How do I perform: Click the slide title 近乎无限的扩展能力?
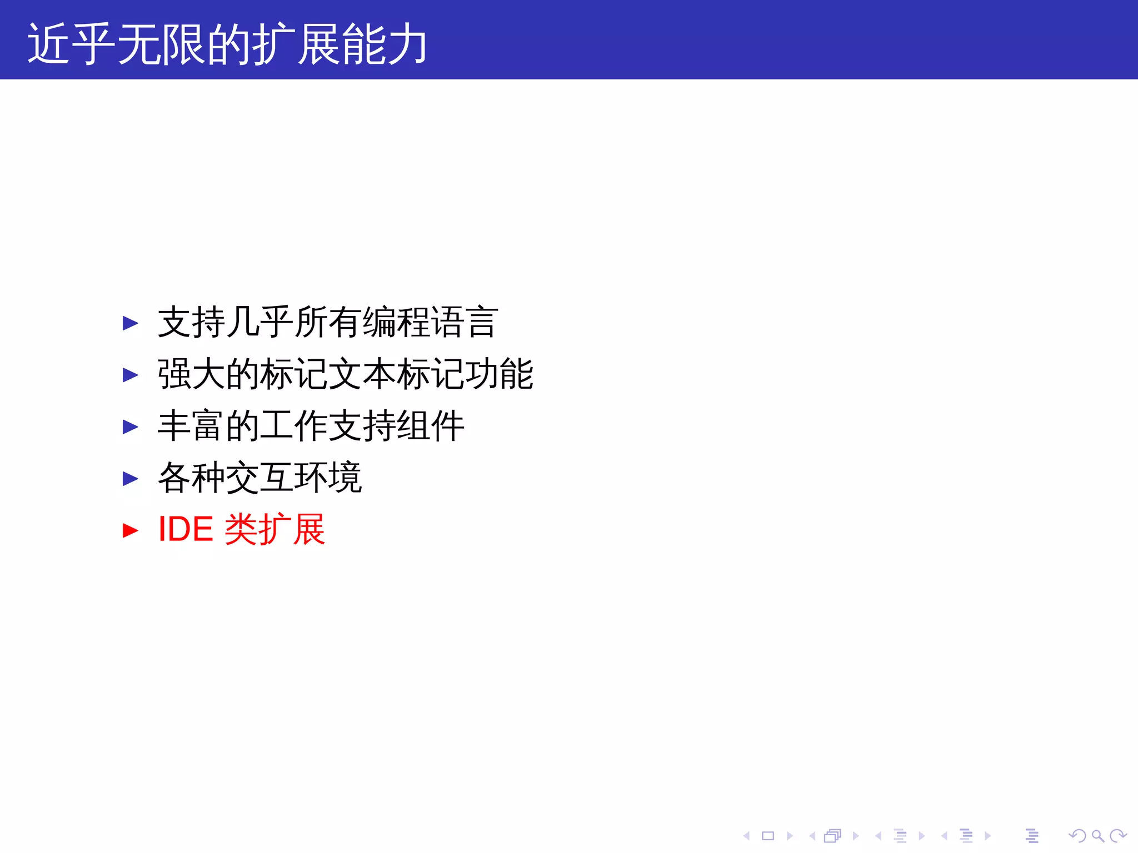[x=227, y=44]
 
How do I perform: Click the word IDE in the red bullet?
[x=186, y=529]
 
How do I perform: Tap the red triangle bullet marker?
[x=130, y=530]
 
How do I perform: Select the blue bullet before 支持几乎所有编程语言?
[x=130, y=323]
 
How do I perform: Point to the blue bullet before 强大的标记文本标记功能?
[x=130, y=375]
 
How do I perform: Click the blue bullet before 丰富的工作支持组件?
[x=130, y=426]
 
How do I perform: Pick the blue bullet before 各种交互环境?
[x=130, y=478]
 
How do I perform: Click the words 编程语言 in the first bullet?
[x=430, y=323]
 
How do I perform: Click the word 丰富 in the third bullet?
[x=191, y=426]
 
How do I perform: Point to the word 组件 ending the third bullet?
[x=430, y=426]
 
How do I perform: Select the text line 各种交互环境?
[x=260, y=478]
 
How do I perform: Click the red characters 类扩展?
[x=274, y=529]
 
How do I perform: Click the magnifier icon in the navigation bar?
[x=1097, y=836]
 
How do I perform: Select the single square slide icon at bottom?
[x=768, y=836]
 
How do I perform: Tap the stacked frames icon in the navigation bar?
[x=832, y=836]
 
